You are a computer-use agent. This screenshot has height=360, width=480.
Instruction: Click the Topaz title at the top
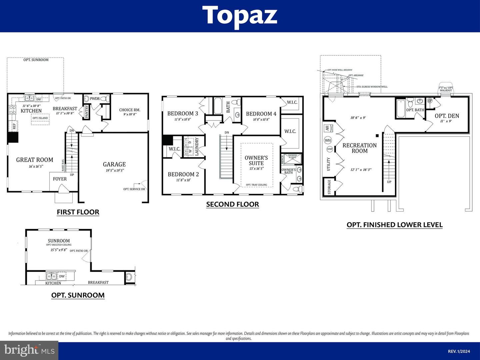point(240,15)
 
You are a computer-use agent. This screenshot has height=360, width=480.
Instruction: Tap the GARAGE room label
point(114,164)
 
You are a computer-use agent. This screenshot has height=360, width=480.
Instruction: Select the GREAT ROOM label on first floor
point(35,160)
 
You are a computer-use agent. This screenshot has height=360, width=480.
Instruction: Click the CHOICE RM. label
point(130,110)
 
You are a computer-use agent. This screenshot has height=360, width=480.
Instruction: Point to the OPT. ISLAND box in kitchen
point(40,118)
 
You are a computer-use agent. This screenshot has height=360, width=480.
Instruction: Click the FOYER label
point(60,179)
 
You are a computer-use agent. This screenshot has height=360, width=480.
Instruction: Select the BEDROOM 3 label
point(183,113)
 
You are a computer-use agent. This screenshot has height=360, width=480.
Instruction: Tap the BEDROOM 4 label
point(261,114)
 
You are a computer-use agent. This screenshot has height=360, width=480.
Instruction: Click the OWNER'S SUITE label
point(256,160)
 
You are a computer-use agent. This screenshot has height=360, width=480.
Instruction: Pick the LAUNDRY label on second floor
point(197,147)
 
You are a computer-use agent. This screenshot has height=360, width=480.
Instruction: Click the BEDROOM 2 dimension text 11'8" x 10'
point(183,180)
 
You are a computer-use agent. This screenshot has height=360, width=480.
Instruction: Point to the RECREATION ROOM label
point(360,148)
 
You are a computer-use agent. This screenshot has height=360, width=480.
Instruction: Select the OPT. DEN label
point(447,116)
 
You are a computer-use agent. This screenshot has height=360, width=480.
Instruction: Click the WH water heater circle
point(328,140)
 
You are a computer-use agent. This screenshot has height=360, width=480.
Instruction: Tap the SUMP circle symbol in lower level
point(330,149)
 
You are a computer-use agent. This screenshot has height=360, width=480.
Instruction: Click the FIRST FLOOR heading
point(78,212)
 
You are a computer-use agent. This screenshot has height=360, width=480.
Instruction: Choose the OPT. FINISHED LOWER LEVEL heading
point(395,225)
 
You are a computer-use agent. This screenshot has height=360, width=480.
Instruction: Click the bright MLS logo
point(29,350)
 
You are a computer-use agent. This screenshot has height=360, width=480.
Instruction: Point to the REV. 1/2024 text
point(459,351)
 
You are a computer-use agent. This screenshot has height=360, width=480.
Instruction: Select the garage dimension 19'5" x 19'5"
point(115,170)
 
